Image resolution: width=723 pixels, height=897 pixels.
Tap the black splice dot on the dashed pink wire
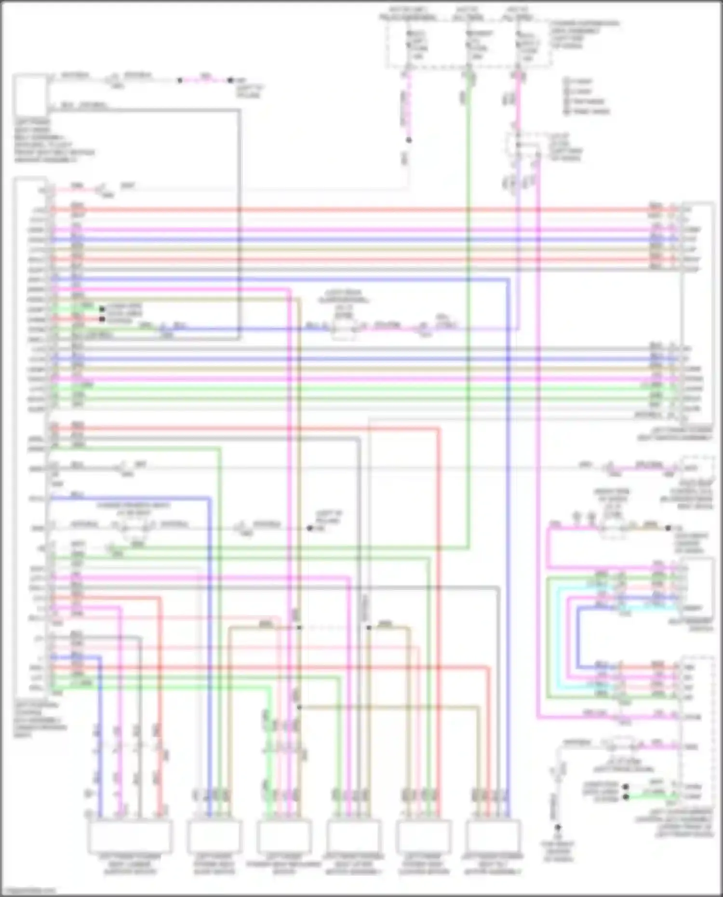click(409, 140)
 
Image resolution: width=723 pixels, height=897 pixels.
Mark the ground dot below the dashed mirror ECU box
click(558, 827)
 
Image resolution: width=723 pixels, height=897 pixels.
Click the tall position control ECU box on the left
click(31, 434)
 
